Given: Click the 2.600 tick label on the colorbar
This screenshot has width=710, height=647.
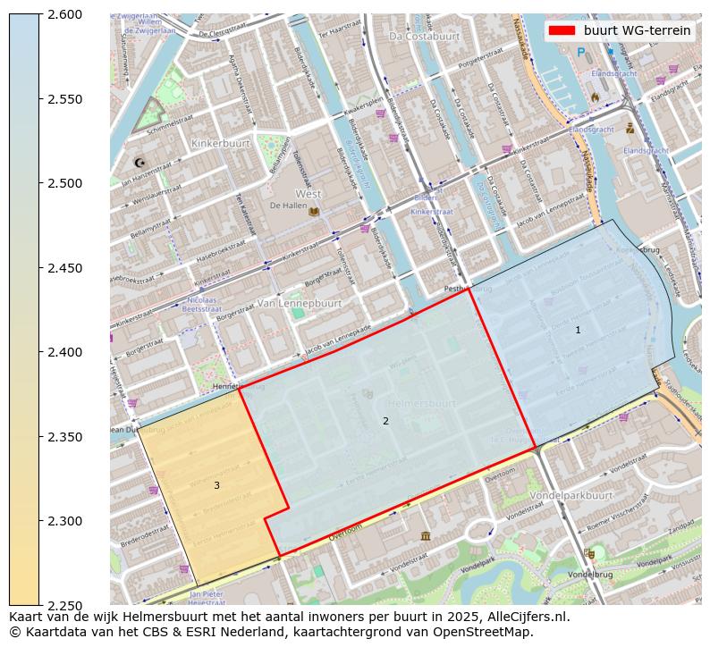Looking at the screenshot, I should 64,14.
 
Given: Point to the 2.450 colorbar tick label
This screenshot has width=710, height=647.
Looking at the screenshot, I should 64,268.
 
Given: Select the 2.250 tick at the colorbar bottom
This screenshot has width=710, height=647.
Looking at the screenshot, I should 64,606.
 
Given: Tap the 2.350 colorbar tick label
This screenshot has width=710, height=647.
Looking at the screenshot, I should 64,437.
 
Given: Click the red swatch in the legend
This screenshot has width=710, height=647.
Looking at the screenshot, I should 562,30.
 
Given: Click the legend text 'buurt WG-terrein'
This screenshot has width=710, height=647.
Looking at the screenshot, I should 637,30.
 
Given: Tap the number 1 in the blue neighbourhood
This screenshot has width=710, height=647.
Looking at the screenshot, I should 578,331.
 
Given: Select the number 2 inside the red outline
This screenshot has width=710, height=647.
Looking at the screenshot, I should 385,421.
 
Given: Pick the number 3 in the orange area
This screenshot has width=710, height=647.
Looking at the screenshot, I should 216,485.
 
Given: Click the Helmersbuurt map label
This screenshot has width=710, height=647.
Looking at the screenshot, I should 424,404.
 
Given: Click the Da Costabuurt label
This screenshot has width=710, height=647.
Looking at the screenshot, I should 424,37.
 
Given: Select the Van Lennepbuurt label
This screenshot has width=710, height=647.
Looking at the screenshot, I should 300,303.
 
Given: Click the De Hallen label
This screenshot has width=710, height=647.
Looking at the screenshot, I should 288,206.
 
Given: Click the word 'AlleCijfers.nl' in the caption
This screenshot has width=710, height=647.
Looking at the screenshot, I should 528,617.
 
